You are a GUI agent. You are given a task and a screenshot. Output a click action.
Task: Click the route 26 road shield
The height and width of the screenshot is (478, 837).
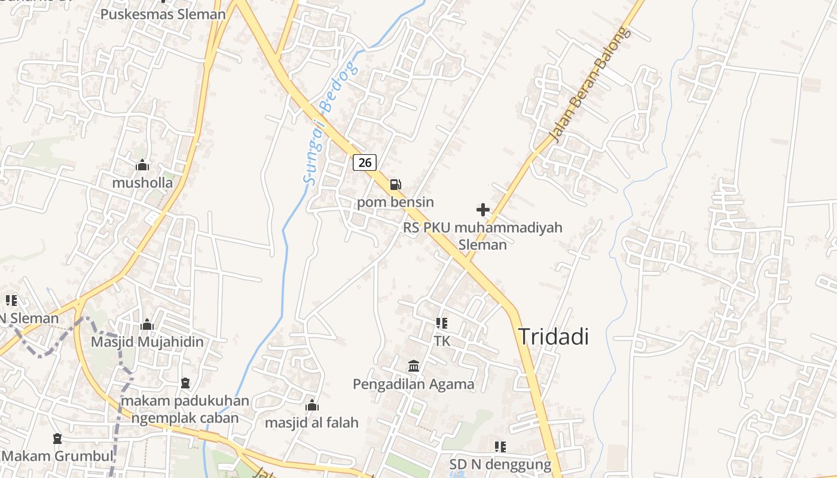click(x=365, y=162)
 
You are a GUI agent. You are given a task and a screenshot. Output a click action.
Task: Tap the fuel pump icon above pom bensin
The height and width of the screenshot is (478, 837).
click(x=395, y=185)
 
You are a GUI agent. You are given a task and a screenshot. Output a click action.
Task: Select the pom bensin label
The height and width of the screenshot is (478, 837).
click(x=395, y=202)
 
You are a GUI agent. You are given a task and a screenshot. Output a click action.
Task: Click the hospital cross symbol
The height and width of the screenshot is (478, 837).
click(x=482, y=210)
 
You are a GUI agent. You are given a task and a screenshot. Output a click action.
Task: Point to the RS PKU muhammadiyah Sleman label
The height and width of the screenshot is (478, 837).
click(x=482, y=235)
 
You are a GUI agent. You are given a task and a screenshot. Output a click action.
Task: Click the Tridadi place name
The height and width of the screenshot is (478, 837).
click(x=553, y=336)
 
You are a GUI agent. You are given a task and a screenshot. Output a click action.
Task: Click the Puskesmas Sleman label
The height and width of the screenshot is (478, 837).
click(x=163, y=14)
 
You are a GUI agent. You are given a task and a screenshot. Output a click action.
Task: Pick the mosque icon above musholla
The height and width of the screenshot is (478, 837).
click(x=142, y=165)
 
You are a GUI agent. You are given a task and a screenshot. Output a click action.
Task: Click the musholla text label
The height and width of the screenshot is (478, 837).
click(x=142, y=183)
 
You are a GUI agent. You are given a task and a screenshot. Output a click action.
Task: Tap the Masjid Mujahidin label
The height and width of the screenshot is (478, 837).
click(x=147, y=342)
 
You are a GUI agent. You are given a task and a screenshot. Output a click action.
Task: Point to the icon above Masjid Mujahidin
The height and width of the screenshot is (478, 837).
click(x=147, y=324)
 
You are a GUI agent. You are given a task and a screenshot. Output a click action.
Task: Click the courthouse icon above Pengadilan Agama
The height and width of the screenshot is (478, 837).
click(x=414, y=366)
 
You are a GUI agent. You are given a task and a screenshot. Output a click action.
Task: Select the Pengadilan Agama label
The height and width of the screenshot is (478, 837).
click(x=414, y=384)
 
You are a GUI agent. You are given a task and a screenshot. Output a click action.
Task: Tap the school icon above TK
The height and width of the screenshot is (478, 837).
click(x=442, y=324)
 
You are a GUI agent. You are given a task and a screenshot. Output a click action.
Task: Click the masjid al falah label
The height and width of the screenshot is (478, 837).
click(x=311, y=422)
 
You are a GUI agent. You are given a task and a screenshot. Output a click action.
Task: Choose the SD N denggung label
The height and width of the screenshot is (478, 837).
click(x=500, y=464)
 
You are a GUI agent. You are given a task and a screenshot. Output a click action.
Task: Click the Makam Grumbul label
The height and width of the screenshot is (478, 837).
click(x=57, y=456)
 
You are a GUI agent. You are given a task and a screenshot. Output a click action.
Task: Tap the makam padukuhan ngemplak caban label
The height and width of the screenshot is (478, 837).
click(x=185, y=409)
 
